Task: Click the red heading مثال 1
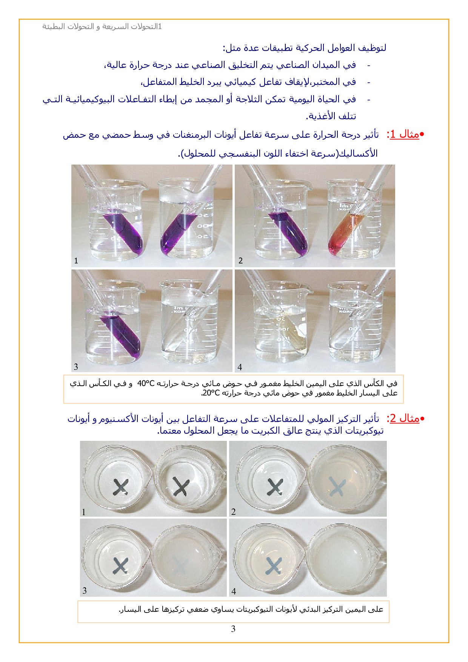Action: click(x=404, y=135)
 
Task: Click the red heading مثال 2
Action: click(x=404, y=419)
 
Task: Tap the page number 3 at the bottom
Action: click(x=233, y=629)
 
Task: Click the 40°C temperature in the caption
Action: click(x=146, y=384)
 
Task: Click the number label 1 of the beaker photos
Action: click(x=76, y=261)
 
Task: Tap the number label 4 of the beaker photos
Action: click(x=240, y=367)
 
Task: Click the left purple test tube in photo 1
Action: click(x=123, y=231)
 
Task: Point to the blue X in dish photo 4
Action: click(x=273, y=566)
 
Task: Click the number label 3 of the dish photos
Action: click(x=85, y=591)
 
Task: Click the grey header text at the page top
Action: click(x=102, y=27)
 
